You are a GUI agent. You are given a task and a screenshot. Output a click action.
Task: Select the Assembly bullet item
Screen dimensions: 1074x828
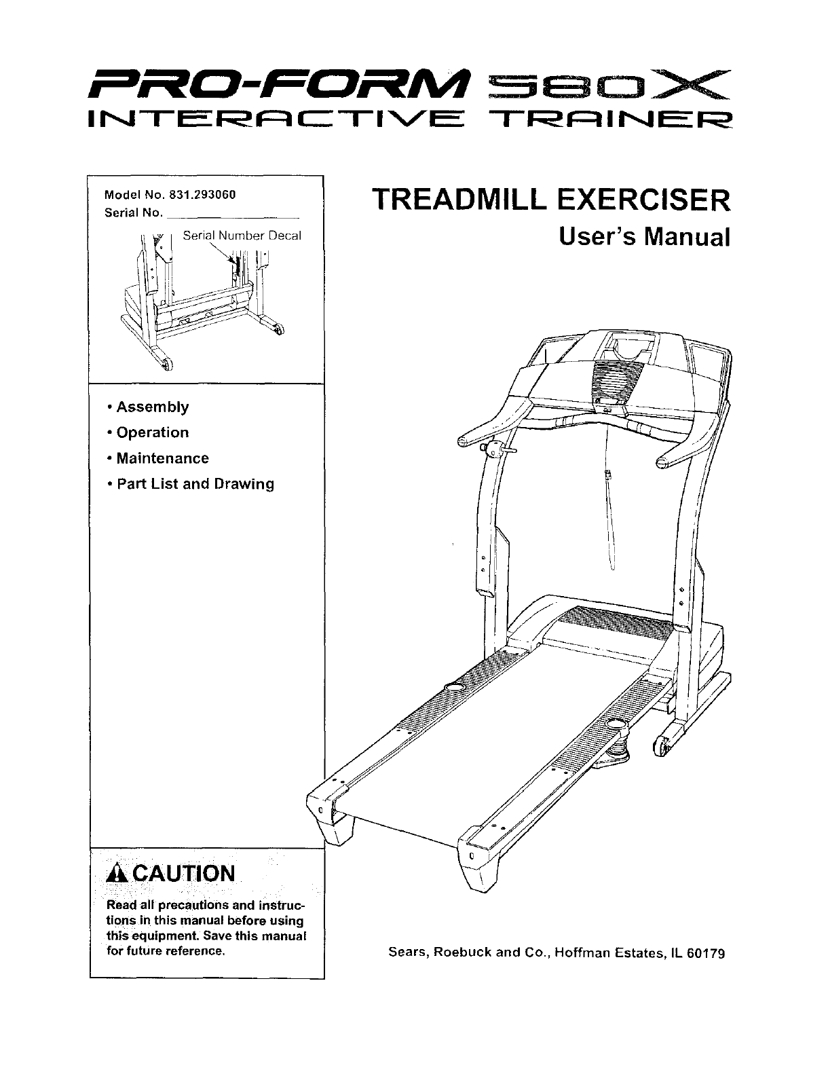click(x=152, y=407)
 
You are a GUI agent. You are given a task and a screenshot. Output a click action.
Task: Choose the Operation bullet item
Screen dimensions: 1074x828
click(x=152, y=433)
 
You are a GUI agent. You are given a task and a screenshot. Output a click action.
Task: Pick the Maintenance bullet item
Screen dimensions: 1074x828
click(x=162, y=459)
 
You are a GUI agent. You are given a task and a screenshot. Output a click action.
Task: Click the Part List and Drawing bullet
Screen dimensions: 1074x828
click(x=195, y=485)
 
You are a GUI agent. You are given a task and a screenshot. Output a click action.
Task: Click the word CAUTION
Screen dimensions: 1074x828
click(x=180, y=874)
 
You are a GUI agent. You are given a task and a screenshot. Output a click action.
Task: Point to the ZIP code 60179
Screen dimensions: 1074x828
click(x=706, y=952)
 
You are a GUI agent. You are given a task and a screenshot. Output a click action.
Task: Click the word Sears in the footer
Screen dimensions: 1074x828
click(x=407, y=952)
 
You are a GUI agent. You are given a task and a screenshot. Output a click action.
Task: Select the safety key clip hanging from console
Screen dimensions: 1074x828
click(x=609, y=477)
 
